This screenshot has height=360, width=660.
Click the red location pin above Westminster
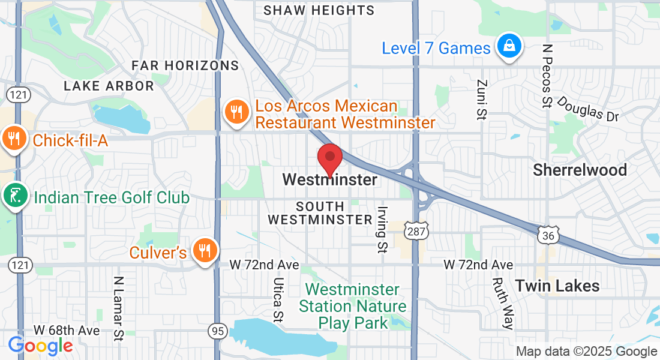(329, 159)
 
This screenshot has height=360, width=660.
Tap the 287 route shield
(415, 230)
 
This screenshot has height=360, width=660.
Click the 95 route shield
(217, 330)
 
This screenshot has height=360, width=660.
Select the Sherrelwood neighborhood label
(580, 170)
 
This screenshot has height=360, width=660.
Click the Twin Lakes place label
(557, 286)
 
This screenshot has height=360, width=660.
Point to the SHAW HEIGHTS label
(319, 10)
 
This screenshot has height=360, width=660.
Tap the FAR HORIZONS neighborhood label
(185, 65)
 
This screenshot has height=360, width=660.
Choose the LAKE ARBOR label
(109, 86)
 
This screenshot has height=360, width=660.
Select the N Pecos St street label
(546, 76)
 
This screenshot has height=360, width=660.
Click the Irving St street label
(382, 230)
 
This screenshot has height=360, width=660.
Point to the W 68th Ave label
(67, 330)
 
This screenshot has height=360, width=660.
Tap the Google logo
(40, 346)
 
